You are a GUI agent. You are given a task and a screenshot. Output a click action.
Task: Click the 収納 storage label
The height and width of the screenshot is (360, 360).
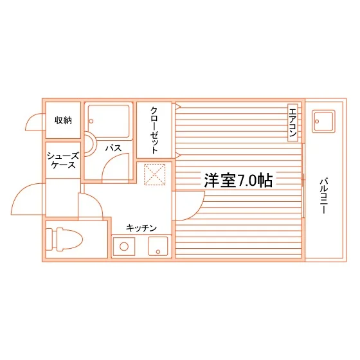(x=63, y=120)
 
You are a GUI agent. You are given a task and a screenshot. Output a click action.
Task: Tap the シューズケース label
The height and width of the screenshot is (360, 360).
(x=63, y=160)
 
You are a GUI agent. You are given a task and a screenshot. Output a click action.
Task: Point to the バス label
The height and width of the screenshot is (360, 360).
(x=113, y=148)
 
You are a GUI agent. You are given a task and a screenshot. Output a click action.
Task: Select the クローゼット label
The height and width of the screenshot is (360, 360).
(x=154, y=130)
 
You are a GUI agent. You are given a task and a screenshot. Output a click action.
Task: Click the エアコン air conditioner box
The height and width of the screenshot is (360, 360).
(x=292, y=123)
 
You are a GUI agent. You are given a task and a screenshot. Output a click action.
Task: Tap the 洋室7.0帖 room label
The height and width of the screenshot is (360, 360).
(x=238, y=181)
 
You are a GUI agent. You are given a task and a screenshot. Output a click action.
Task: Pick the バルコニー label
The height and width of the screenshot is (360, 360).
(x=324, y=196)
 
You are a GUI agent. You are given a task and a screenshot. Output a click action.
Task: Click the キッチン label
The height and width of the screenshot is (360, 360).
(x=141, y=228)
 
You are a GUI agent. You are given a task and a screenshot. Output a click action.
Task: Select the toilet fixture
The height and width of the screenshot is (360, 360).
(x=64, y=239)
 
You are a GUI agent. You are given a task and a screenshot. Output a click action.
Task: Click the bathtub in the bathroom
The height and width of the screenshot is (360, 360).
(x=109, y=122)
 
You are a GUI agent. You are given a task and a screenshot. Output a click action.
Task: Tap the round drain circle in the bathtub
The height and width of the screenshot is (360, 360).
(x=91, y=121)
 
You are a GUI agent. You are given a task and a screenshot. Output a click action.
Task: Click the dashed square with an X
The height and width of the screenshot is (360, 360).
(x=154, y=174)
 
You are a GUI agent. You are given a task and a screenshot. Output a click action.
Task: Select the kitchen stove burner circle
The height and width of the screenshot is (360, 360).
(x=124, y=247)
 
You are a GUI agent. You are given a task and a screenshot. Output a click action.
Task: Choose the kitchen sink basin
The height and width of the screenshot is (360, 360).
(x=158, y=246)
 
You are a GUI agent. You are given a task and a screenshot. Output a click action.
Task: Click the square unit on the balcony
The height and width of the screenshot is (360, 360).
(x=323, y=122)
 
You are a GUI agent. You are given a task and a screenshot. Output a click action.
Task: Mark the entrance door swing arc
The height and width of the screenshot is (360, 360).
(x=21, y=192)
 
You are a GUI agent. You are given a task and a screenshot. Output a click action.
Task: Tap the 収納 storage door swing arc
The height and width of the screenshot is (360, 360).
(x=30, y=118)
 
